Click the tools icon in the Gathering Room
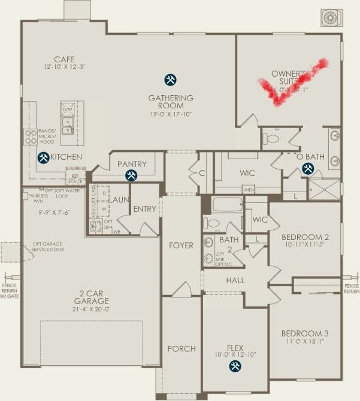(171, 80)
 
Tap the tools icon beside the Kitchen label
(44, 158)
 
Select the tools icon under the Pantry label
(131, 175)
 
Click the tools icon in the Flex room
(234, 367)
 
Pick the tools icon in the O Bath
(308, 169)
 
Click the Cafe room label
(64, 59)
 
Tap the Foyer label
(181, 245)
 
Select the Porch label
(181, 349)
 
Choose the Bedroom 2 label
(305, 236)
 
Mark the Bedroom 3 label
(305, 333)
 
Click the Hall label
(235, 280)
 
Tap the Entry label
(144, 209)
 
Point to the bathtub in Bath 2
(227, 205)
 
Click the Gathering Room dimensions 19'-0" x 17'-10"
(171, 114)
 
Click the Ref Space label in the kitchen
(75, 178)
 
